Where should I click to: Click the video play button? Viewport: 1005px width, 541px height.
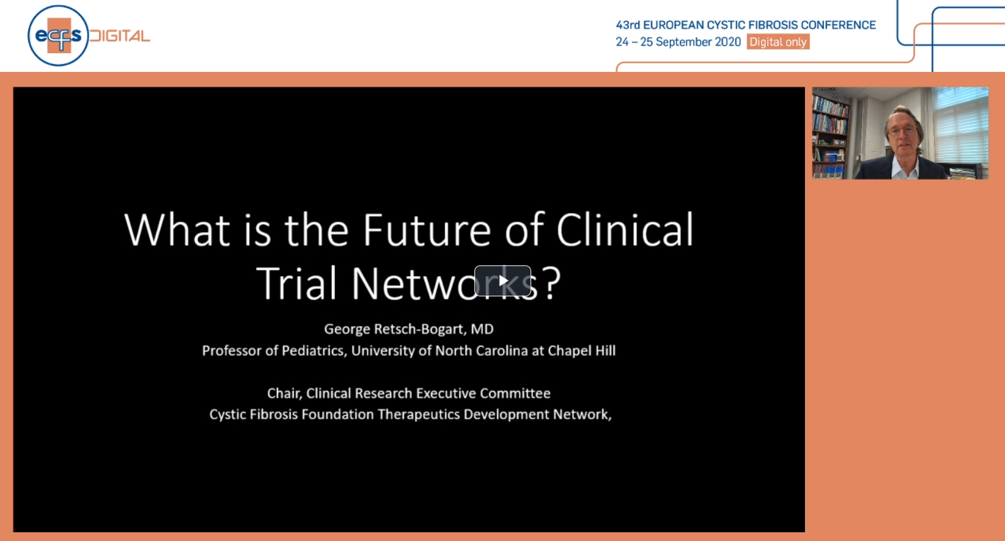[502, 281]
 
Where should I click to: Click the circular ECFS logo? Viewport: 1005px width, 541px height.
[58, 35]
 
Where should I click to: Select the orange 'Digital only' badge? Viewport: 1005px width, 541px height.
[778, 42]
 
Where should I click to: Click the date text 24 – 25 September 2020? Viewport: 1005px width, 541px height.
[678, 42]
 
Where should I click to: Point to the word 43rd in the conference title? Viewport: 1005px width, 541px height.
[628, 25]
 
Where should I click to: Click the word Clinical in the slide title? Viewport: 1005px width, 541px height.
[625, 229]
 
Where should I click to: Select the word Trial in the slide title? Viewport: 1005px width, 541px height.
[296, 283]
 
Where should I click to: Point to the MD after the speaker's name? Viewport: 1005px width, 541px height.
[482, 329]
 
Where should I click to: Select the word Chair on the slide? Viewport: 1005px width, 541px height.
[284, 393]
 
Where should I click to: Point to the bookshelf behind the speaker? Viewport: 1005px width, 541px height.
[831, 134]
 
